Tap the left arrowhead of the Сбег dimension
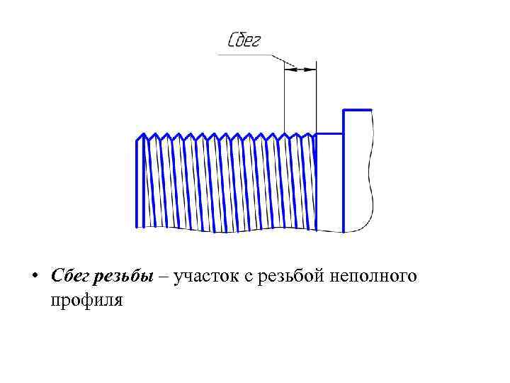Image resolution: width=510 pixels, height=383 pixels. [x=288, y=69]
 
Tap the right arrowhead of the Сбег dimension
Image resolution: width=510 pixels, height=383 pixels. [x=312, y=69]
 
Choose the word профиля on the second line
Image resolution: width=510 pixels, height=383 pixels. [x=86, y=299]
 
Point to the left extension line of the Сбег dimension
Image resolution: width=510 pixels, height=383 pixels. [x=285, y=99]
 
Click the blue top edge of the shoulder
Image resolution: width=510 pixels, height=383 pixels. [x=357, y=110]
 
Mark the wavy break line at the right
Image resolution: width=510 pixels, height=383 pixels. [x=370, y=170]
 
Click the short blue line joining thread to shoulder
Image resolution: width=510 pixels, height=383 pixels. [x=329, y=133]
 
